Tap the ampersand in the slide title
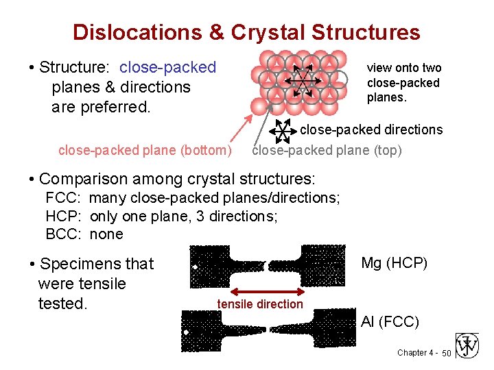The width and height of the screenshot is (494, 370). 217,32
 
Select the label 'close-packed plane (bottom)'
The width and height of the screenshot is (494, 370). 145,150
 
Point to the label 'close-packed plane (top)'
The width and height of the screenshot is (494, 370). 327,150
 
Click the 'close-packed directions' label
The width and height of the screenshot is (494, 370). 371,129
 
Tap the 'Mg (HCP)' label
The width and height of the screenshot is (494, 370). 394,262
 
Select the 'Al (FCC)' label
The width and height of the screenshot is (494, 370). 390,321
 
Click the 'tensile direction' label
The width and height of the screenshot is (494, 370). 260,304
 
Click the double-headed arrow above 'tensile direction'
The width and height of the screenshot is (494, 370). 266,291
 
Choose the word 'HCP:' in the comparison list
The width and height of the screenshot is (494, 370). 64,217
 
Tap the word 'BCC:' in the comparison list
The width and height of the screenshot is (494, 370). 64,234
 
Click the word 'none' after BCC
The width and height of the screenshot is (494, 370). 106,234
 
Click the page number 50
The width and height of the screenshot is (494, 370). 446,353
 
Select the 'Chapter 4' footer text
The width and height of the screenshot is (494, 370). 415,353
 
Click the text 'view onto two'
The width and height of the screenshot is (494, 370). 403,68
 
